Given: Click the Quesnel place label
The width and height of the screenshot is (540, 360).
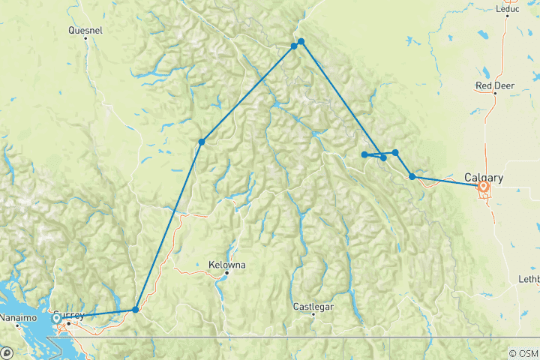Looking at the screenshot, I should pyautogui.click(x=85, y=31).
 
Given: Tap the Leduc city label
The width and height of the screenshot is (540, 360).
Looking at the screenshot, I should pyautogui.click(x=508, y=10).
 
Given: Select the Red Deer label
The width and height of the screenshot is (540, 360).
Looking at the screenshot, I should pyautogui.click(x=493, y=85).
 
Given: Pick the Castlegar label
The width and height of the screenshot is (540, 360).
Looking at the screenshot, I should pyautogui.click(x=313, y=307).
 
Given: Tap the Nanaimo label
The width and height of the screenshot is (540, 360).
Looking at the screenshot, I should pyautogui.click(x=19, y=318).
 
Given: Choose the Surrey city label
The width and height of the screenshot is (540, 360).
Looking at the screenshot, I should pyautogui.click(x=69, y=315).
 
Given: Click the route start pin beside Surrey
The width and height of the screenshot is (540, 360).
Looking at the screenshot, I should pyautogui.click(x=56, y=319).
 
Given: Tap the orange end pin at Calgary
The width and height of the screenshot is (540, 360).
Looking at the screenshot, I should pyautogui.click(x=484, y=186).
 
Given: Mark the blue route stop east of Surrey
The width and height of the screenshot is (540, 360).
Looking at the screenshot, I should pyautogui.click(x=136, y=309).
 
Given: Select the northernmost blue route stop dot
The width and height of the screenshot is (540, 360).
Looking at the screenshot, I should pyautogui.click(x=301, y=41).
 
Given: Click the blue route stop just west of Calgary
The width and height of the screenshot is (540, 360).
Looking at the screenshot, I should pyautogui.click(x=412, y=177).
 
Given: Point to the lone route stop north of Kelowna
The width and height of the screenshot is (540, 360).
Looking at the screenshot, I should pyautogui.click(x=202, y=142).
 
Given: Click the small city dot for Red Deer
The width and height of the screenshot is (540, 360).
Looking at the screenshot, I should pyautogui.click(x=496, y=94).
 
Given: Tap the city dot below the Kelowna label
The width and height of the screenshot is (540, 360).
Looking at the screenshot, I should pyautogui.click(x=226, y=274).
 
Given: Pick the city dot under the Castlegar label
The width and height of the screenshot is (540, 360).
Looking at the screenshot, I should pyautogui.click(x=313, y=314).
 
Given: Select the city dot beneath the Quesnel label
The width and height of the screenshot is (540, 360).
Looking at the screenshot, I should pyautogui.click(x=85, y=39).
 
